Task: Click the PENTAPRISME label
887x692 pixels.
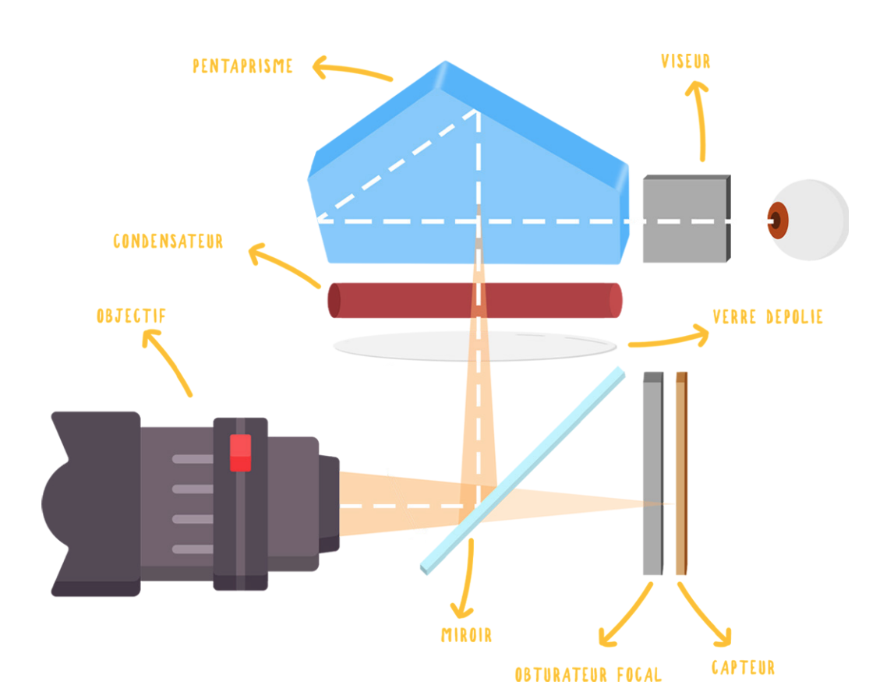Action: click(x=242, y=66)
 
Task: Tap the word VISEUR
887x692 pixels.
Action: click(x=686, y=61)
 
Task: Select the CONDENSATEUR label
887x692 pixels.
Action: click(x=168, y=242)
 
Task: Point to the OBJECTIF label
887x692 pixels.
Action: click(x=131, y=316)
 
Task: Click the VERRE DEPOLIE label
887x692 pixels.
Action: click(x=768, y=317)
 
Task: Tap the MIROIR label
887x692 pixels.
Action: click(x=467, y=635)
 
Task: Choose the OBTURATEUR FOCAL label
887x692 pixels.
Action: click(x=588, y=675)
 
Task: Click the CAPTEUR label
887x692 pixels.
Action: click(x=743, y=668)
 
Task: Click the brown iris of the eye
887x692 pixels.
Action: click(x=778, y=220)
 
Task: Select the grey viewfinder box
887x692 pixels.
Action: click(x=687, y=219)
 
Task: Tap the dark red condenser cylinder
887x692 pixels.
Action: click(x=475, y=300)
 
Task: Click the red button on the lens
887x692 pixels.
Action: click(x=240, y=453)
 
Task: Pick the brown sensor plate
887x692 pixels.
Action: click(x=682, y=473)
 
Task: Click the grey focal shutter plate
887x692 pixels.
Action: click(x=653, y=473)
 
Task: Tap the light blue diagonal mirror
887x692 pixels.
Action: click(x=523, y=471)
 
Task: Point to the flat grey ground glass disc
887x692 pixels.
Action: click(x=475, y=345)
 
